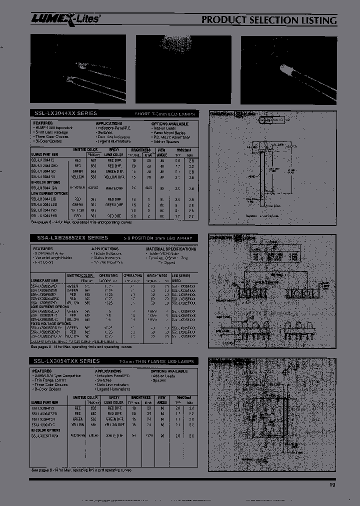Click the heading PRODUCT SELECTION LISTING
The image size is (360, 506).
(269, 20)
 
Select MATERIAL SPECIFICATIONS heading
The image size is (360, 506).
(171, 248)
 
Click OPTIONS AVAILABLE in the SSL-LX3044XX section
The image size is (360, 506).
(169, 123)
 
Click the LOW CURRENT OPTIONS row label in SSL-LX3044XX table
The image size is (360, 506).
(49, 193)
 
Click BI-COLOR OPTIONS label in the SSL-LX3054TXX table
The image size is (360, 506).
(46, 429)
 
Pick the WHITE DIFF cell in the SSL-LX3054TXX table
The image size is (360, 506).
(114, 435)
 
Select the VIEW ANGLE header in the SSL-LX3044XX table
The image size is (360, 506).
(161, 152)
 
